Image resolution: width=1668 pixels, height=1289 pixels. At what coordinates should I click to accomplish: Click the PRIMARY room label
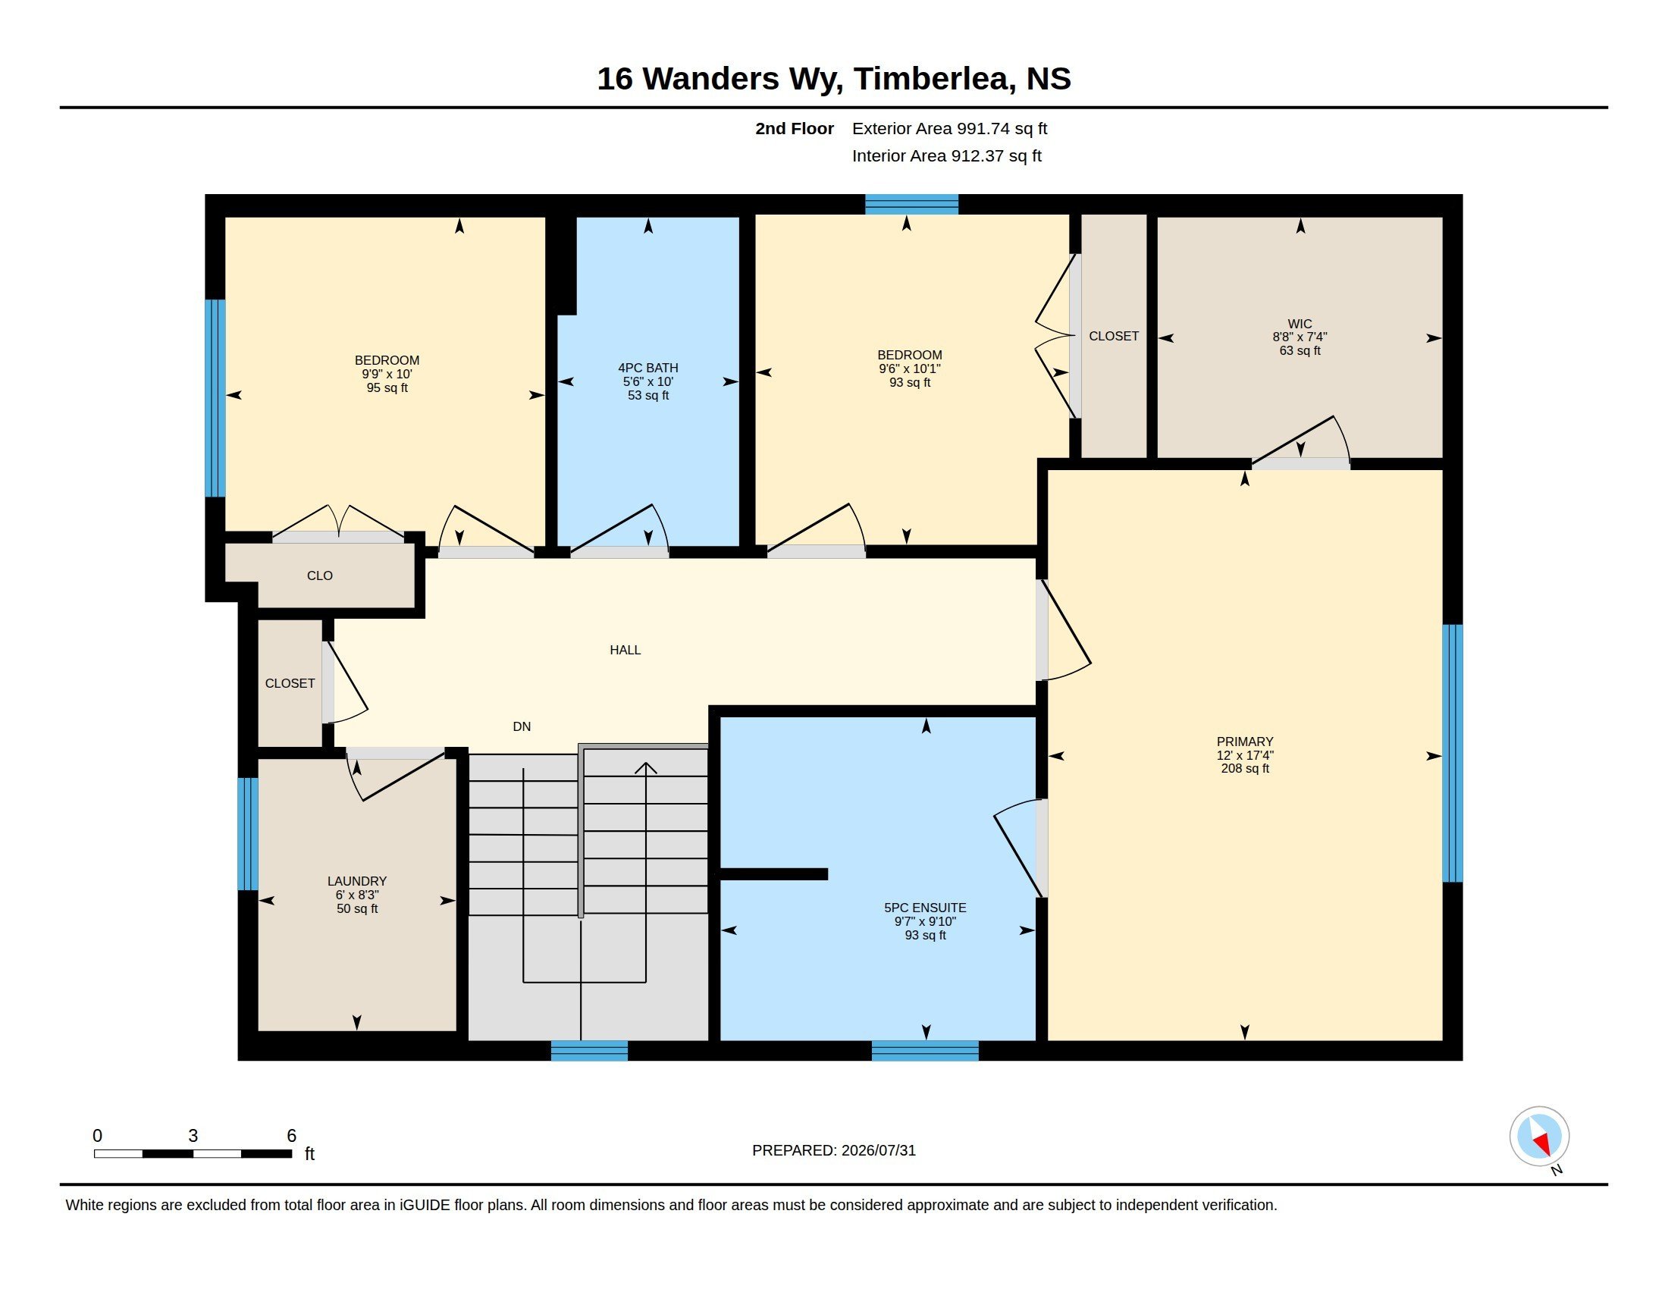(1245, 742)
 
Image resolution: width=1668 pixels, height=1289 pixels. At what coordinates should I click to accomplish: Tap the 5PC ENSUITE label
(925, 908)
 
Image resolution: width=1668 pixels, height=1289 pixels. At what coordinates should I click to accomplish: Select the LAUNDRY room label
(356, 881)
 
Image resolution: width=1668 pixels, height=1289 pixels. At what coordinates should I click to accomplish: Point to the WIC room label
(1299, 324)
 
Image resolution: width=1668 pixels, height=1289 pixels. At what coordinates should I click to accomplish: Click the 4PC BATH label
(647, 368)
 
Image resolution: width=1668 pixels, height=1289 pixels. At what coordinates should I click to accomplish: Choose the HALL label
(625, 650)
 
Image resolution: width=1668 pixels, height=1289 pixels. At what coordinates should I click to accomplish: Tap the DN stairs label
(522, 726)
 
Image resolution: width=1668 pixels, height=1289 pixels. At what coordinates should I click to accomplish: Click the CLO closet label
(319, 576)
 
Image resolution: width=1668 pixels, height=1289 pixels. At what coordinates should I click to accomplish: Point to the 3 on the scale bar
(193, 1136)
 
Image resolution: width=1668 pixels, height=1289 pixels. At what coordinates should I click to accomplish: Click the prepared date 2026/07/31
(878, 1150)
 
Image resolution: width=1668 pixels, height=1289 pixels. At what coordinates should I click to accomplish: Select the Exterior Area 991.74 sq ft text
(949, 128)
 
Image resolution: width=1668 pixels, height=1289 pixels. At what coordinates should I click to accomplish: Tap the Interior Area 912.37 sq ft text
(946, 155)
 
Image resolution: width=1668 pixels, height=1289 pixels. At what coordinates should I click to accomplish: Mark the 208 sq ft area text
(1245, 769)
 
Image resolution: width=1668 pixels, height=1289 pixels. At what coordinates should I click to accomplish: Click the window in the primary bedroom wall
(1452, 753)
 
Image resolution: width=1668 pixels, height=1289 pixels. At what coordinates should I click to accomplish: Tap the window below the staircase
(589, 1051)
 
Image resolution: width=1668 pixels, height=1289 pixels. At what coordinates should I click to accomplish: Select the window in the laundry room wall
(247, 834)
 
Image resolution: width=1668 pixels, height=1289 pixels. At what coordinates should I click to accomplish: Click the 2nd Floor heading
(795, 128)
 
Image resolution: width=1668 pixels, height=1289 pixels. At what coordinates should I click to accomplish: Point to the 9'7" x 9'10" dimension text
(925, 922)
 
